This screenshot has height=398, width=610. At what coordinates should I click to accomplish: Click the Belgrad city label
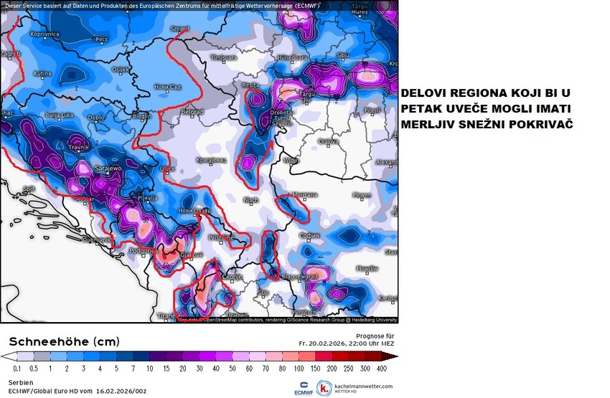click(x=192, y=112)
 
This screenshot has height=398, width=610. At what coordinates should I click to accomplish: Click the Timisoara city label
click(x=222, y=57)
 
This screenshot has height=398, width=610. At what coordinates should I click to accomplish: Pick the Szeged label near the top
click(x=179, y=28)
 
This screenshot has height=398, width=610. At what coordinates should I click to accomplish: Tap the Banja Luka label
click(x=60, y=115)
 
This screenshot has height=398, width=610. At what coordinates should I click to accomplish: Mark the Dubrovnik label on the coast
click(x=96, y=239)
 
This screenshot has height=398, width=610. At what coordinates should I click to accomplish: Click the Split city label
click(x=29, y=189)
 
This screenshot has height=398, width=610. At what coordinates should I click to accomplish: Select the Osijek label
click(x=120, y=69)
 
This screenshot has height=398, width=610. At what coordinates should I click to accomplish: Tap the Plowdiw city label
click(x=367, y=268)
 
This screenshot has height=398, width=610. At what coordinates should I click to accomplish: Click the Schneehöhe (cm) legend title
click(x=65, y=341)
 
